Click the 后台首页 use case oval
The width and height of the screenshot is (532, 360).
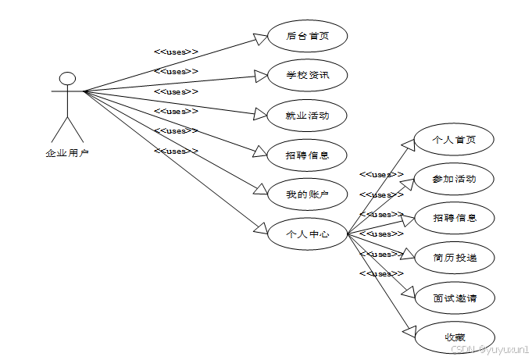(307, 36)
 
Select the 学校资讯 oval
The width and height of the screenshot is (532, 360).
(307, 76)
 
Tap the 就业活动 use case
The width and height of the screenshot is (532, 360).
(307, 116)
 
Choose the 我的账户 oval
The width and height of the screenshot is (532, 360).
(307, 194)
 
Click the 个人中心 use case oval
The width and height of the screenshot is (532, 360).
(307, 233)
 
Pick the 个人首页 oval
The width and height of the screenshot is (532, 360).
(454, 141)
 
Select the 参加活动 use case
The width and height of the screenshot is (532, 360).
(454, 179)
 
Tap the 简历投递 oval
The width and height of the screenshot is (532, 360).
(454, 257)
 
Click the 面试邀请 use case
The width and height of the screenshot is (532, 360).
(454, 298)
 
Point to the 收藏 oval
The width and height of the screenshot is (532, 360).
(454, 337)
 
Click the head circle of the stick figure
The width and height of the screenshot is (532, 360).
(68, 78)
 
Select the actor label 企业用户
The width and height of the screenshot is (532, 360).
(67, 153)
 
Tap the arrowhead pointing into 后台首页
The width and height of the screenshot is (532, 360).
(260, 38)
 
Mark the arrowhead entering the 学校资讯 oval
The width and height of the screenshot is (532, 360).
(260, 76)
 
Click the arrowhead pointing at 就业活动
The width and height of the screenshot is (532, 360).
(260, 115)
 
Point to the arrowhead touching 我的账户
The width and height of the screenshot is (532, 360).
(261, 191)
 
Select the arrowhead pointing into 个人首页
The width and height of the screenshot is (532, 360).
(408, 146)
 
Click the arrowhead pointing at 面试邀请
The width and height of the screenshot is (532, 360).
(409, 292)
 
